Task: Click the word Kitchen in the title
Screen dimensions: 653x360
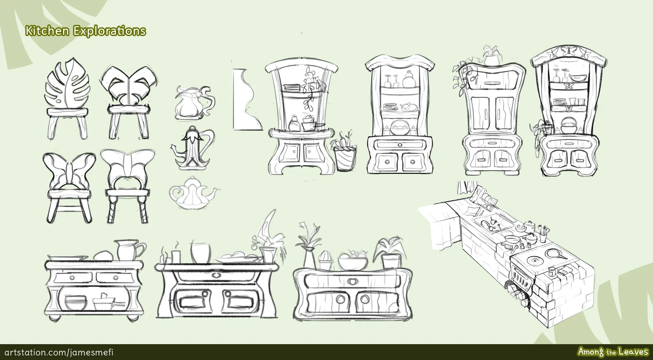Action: pos(48,31)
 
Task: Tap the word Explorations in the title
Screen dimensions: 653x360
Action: pos(110,31)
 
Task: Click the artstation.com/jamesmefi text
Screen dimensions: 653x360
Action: pos(58,352)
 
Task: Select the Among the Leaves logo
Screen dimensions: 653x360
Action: pos(613,352)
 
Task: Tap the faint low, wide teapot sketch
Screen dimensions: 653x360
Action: pos(193,193)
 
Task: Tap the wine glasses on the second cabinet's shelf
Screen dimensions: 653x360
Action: pos(391,80)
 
